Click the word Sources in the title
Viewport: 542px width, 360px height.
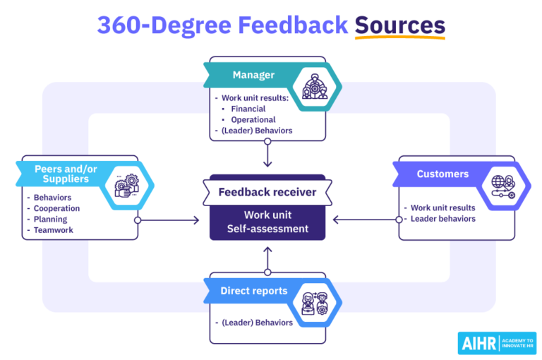399,25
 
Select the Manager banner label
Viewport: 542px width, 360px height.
253,76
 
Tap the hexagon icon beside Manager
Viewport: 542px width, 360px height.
311,85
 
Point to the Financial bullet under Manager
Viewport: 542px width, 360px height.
248,109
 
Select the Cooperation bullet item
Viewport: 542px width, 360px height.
56,208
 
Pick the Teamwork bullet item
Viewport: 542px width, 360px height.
54,229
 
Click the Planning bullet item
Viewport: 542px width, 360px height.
51,219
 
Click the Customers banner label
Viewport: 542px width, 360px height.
442,174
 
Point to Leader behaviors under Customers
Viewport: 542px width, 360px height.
442,219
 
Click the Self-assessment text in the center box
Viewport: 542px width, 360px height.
267,229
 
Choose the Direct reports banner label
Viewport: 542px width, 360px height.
253,291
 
